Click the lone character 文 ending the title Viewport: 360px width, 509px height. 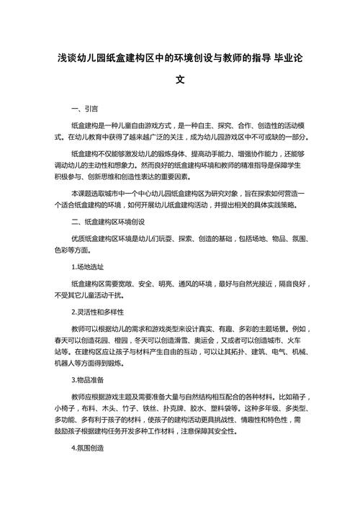tap(180, 81)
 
